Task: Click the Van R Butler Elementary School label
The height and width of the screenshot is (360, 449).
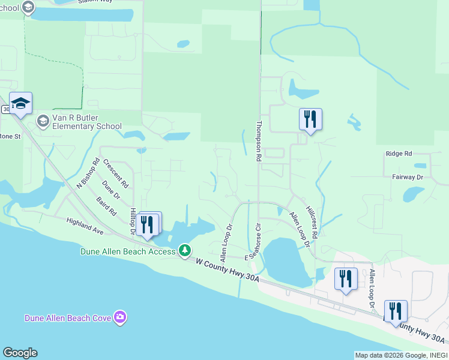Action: click(x=87, y=122)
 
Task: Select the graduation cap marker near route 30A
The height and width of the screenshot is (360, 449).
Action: click(x=21, y=104)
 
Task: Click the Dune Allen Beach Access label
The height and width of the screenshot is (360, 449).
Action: click(x=128, y=251)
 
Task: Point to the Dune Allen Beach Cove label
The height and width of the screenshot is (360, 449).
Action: click(x=68, y=318)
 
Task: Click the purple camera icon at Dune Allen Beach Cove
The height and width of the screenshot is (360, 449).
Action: click(x=121, y=317)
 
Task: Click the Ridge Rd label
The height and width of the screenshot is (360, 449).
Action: click(x=399, y=154)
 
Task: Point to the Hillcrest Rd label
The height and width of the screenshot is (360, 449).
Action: click(x=312, y=220)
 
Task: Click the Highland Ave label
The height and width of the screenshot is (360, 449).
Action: click(x=85, y=226)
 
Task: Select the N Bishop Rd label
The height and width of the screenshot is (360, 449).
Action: click(x=87, y=173)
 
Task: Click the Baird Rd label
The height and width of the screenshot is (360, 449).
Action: click(x=106, y=206)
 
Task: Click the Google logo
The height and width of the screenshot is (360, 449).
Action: click(x=20, y=353)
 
